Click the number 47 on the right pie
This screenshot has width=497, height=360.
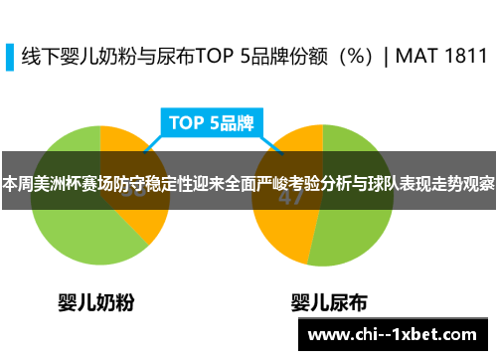coord(290,197)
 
